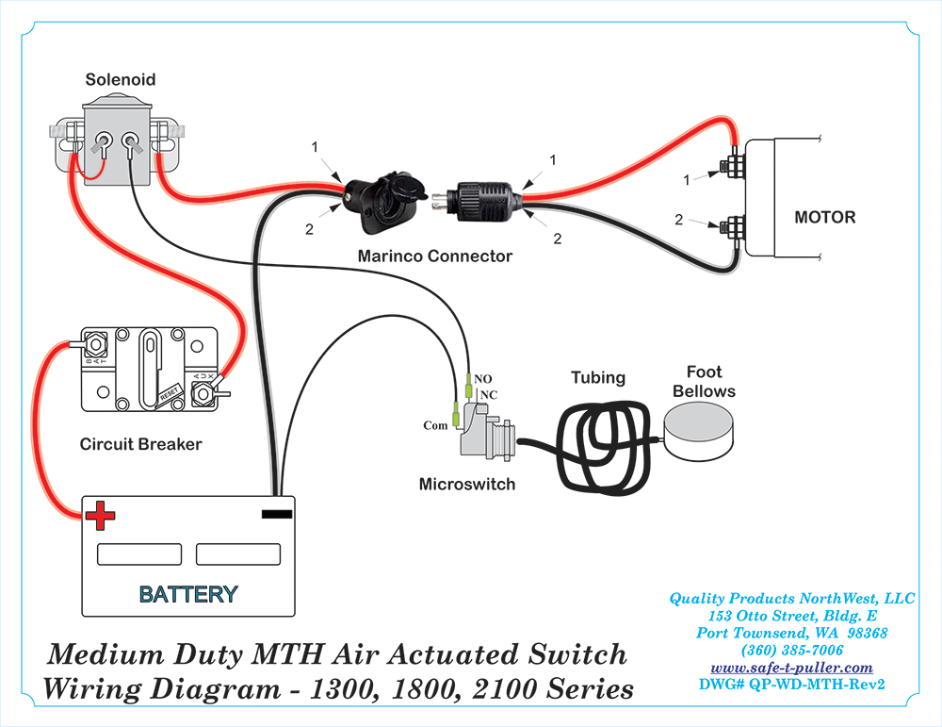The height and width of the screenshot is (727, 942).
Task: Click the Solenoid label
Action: (120, 79)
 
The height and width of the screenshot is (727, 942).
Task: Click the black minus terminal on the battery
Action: (276, 515)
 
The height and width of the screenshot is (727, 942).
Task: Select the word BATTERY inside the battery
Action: (188, 595)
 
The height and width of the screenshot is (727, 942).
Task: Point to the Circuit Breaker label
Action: (140, 443)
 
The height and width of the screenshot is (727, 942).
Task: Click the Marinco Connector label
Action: (435, 256)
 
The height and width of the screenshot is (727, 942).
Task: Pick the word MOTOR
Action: (825, 217)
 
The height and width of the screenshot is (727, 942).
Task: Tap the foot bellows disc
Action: (703, 431)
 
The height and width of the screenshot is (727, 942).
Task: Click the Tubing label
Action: (598, 377)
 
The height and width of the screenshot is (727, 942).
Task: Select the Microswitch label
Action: (467, 484)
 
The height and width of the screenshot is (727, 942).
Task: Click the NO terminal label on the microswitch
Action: (483, 378)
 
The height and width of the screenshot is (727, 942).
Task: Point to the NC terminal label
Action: (489, 394)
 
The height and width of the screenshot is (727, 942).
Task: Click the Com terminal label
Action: (435, 425)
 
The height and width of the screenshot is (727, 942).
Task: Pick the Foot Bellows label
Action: (704, 382)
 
